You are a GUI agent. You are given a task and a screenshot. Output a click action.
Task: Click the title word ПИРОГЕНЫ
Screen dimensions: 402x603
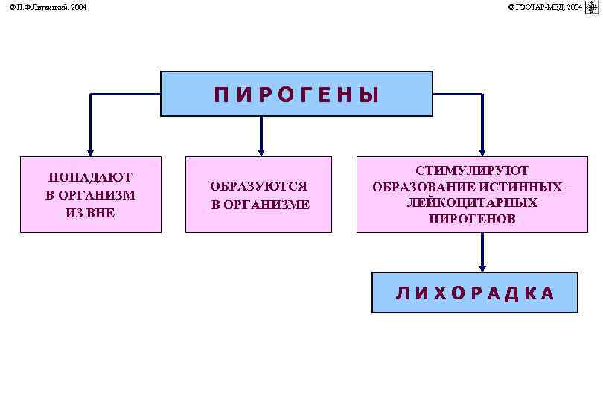pos(296,95)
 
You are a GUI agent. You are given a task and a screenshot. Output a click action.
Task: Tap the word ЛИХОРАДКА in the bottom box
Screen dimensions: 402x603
pos(475,293)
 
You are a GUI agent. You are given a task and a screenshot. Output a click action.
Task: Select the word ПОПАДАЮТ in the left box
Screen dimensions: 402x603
pos(90,177)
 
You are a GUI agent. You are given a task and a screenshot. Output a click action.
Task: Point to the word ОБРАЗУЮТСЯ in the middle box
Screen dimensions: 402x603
pos(258,186)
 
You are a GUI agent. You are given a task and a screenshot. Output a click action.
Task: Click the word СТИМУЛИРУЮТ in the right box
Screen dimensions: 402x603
pos(472,170)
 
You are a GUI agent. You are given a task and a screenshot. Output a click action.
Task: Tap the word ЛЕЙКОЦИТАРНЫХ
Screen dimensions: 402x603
pos(472,202)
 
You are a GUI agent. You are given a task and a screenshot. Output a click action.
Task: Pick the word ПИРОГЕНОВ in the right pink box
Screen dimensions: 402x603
pos(472,219)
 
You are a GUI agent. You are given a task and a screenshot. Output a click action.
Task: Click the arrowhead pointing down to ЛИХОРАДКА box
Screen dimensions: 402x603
pos(482,267)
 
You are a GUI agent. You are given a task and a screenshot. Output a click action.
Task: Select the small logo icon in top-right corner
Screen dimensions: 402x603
pos(593,7)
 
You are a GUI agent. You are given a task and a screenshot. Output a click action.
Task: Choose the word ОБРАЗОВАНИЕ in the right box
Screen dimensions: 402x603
pos(419,187)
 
